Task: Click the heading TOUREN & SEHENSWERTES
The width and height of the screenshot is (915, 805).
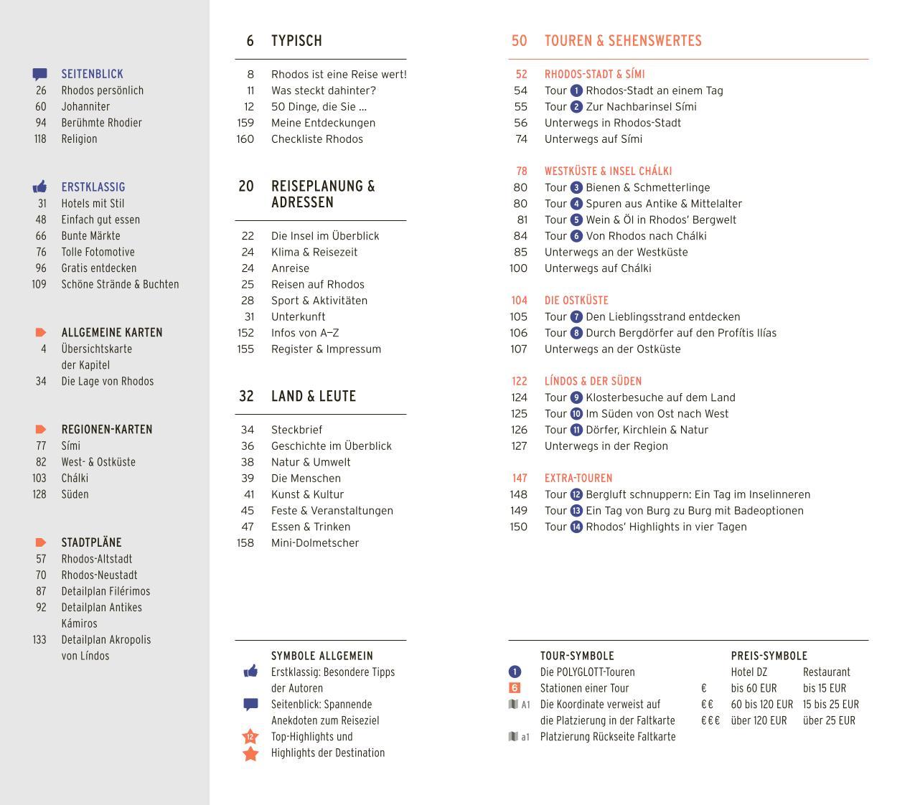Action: click(623, 41)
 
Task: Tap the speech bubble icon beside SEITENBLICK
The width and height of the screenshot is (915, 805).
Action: click(40, 74)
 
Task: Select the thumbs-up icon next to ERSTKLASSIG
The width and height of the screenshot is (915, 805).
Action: click(40, 187)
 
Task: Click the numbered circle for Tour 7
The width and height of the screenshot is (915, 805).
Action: click(576, 316)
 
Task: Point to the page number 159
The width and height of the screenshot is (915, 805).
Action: click(245, 123)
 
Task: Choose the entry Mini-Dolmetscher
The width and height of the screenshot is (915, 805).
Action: click(315, 543)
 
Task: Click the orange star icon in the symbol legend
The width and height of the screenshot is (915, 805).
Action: click(250, 753)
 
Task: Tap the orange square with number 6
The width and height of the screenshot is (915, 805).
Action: click(515, 688)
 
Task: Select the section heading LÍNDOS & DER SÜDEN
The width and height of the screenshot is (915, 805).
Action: click(593, 381)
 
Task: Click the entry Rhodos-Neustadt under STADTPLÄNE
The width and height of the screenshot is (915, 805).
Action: click(99, 575)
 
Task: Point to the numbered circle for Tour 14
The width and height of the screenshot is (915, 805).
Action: click(576, 527)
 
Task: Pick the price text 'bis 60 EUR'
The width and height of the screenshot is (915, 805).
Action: click(754, 688)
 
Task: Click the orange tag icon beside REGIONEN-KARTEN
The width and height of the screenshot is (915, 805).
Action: click(41, 430)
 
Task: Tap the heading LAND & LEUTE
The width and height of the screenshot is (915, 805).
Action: click(314, 396)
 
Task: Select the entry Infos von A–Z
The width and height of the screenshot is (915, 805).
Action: click(305, 333)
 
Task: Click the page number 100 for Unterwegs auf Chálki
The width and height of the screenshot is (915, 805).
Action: click(518, 268)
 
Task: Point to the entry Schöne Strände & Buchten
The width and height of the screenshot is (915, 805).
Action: click(120, 284)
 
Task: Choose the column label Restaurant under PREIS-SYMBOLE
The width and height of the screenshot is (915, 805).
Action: click(827, 672)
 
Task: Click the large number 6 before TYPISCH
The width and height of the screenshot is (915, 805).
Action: click(250, 41)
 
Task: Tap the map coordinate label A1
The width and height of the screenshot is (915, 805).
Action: click(525, 705)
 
